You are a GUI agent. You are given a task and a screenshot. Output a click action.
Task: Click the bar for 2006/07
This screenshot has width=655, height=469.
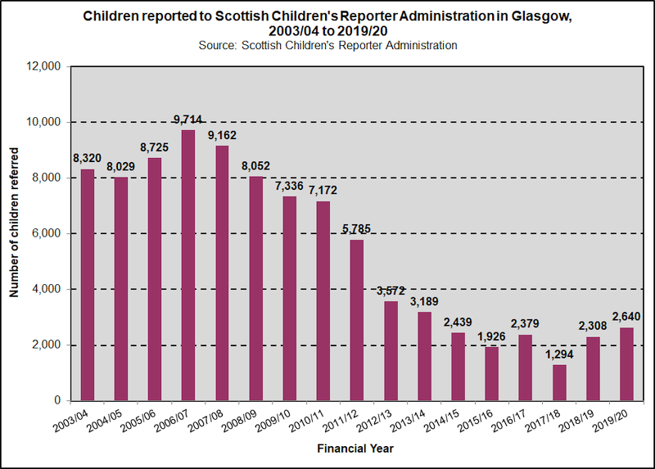click(188, 265)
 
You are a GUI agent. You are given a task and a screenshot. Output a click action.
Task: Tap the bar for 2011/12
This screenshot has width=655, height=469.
click(357, 320)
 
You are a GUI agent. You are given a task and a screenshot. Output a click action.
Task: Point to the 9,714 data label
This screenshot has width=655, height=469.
click(188, 120)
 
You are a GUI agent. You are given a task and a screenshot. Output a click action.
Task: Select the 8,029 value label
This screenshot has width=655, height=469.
click(121, 166)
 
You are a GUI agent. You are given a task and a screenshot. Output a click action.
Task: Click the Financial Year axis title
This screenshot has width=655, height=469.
click(355, 449)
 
